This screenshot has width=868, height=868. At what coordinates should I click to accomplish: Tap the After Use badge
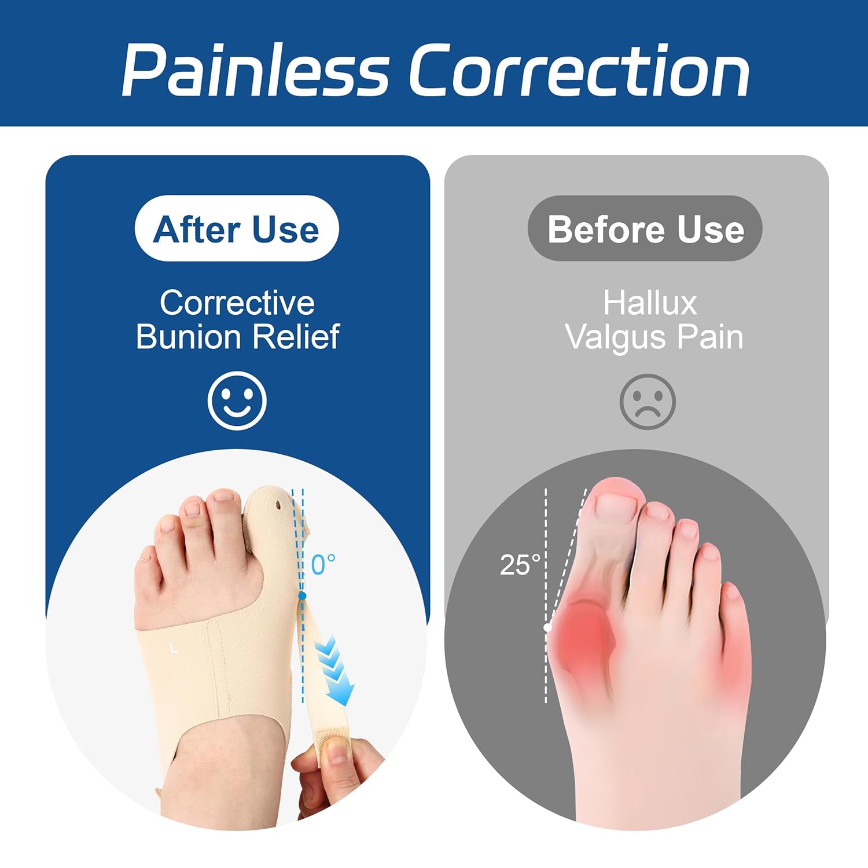[236, 229]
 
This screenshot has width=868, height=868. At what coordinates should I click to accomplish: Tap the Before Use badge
[645, 229]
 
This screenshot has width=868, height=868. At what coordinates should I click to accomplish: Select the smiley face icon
[237, 400]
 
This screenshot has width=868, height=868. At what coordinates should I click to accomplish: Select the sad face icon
[648, 402]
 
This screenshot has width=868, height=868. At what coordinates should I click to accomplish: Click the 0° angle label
[323, 565]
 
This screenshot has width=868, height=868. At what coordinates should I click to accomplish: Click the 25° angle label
[520, 565]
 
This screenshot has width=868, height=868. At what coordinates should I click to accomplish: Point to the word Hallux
[650, 303]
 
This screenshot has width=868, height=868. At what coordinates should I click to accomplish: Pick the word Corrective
[237, 303]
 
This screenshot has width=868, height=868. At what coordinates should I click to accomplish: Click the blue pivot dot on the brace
[302, 595]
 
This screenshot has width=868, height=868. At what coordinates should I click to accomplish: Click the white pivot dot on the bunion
[547, 627]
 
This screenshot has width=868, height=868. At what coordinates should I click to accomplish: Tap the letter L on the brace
[174, 648]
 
